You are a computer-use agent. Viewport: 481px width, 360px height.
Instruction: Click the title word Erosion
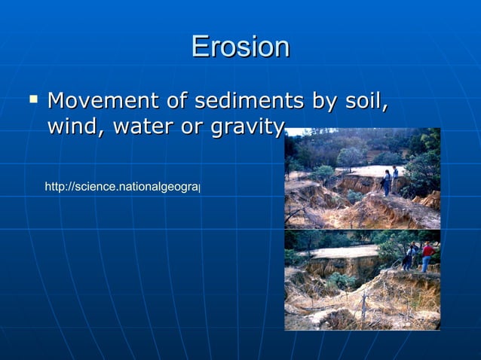240,47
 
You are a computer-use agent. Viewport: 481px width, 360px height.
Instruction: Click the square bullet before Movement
32,98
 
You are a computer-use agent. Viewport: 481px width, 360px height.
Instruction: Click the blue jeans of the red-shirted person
427,263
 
